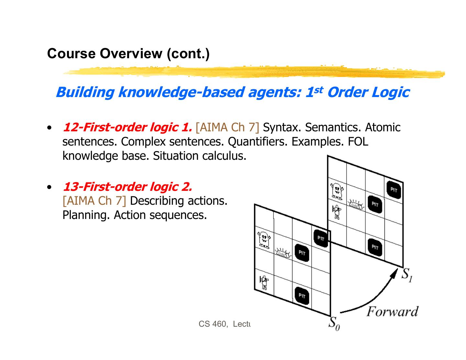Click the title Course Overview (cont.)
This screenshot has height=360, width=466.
click(x=128, y=53)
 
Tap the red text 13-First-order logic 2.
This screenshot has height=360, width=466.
click(x=127, y=187)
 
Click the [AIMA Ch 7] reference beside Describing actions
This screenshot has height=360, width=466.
click(x=94, y=201)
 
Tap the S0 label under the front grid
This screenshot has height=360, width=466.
click(x=334, y=323)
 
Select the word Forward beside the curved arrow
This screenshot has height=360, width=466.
click(x=392, y=312)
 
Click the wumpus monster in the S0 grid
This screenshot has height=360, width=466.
click(x=264, y=240)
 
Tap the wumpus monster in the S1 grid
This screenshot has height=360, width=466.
click(x=337, y=191)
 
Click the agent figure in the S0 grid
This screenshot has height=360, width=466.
click(x=264, y=282)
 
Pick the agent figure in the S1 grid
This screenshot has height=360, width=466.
click(x=337, y=212)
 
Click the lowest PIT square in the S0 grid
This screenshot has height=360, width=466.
click(x=302, y=295)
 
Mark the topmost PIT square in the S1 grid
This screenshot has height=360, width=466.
click(x=394, y=190)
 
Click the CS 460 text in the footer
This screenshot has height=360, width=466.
click(x=212, y=324)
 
